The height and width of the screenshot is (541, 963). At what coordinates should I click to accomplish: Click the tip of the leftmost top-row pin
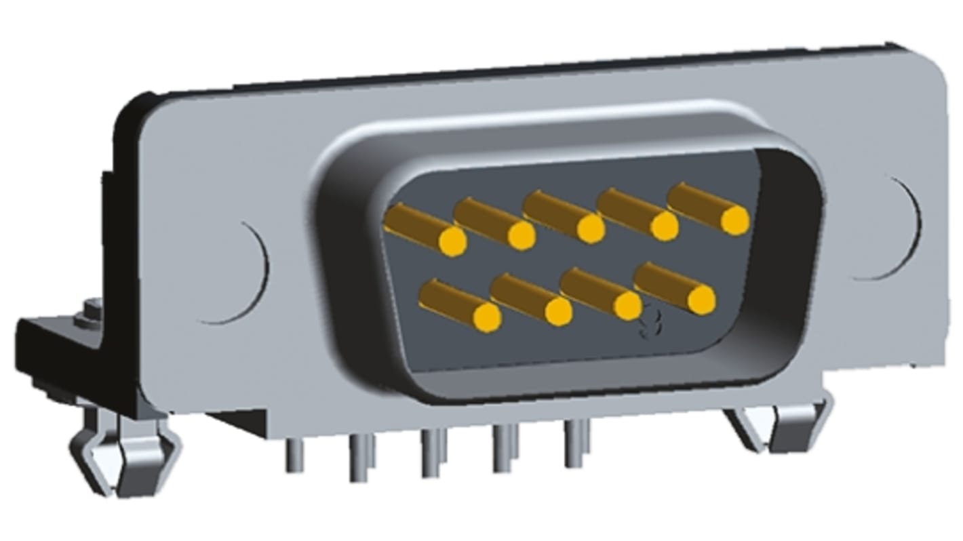[452, 241]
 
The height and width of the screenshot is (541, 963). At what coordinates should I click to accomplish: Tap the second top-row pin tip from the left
[521, 236]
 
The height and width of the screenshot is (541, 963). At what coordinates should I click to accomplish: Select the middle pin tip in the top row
[591, 229]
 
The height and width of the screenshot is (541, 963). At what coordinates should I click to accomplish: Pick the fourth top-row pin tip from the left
[664, 226]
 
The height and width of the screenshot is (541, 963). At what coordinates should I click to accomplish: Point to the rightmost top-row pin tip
[734, 220]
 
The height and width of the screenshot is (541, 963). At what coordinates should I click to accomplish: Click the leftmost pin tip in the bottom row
[487, 317]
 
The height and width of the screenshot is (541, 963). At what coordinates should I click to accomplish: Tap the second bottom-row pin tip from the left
[558, 312]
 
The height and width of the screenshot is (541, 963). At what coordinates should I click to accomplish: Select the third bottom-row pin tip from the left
[627, 306]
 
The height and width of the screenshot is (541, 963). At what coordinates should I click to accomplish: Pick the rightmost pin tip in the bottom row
[701, 300]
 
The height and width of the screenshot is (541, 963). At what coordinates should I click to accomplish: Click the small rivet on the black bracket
[87, 314]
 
